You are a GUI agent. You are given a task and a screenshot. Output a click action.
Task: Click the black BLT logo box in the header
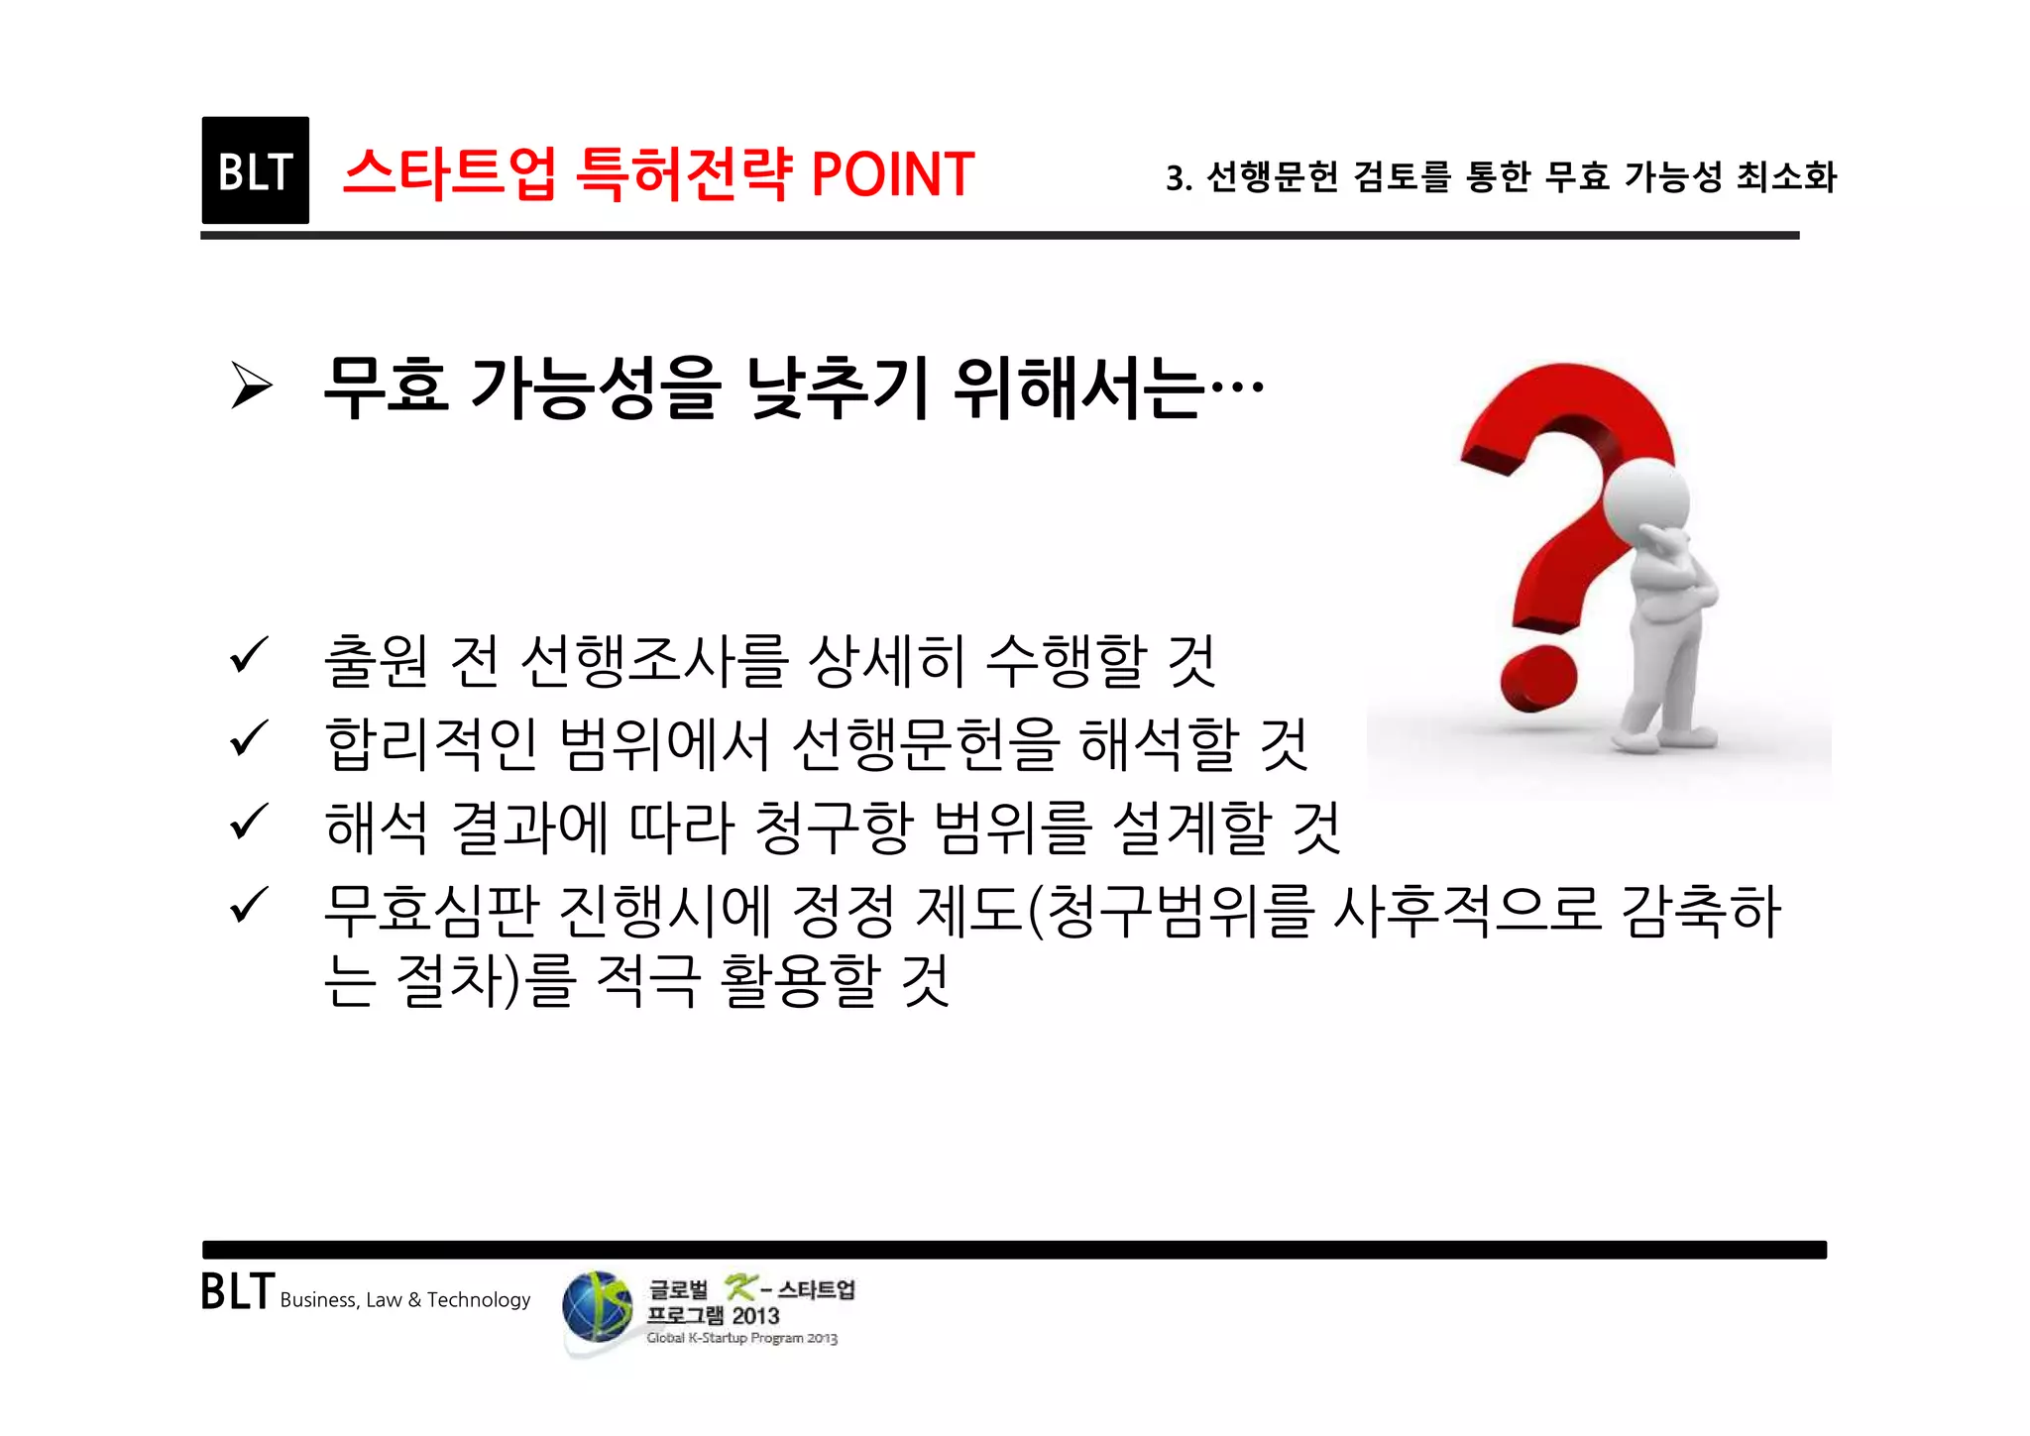pos(255,170)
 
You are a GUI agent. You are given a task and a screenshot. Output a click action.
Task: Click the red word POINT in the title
pos(892,175)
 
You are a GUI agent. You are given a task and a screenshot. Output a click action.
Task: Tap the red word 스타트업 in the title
pos(449,173)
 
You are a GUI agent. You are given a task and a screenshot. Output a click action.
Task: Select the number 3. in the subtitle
pos(1179,178)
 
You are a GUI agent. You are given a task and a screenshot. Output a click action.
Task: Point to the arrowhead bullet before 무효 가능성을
pos(251,386)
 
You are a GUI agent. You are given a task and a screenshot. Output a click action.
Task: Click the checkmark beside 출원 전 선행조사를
pos(248,656)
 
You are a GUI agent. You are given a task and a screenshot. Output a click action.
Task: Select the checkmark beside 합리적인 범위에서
pos(248,738)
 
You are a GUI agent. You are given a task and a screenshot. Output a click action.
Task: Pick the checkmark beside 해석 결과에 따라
pos(248,822)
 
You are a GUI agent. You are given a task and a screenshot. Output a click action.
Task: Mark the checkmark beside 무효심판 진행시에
pos(248,905)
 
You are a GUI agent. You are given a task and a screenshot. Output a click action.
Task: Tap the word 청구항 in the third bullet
pos(833,828)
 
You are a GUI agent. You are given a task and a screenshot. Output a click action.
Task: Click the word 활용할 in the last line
pos(799,980)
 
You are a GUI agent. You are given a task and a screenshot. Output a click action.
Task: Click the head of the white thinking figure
pos(1646,497)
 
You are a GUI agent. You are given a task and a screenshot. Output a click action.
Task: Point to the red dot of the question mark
pos(1538,680)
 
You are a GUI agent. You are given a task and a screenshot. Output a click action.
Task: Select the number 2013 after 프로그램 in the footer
pos(755,1316)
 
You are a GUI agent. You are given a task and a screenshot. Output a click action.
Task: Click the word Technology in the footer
pos(479,1300)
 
